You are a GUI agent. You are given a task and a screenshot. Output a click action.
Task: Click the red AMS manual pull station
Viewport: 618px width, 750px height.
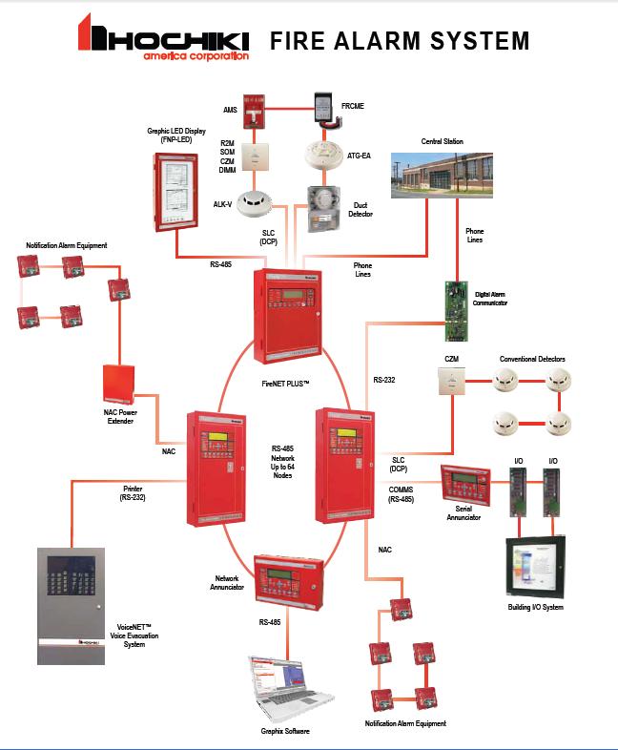tap(253, 110)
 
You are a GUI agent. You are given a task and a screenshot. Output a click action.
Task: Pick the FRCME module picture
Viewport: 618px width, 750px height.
tap(325, 109)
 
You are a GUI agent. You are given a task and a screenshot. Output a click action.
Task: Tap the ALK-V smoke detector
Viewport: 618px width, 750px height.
tap(254, 202)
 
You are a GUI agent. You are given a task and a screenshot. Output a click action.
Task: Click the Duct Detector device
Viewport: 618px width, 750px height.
tap(324, 208)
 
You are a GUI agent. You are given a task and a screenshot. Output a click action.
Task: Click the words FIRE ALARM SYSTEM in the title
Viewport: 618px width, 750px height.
tap(399, 40)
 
